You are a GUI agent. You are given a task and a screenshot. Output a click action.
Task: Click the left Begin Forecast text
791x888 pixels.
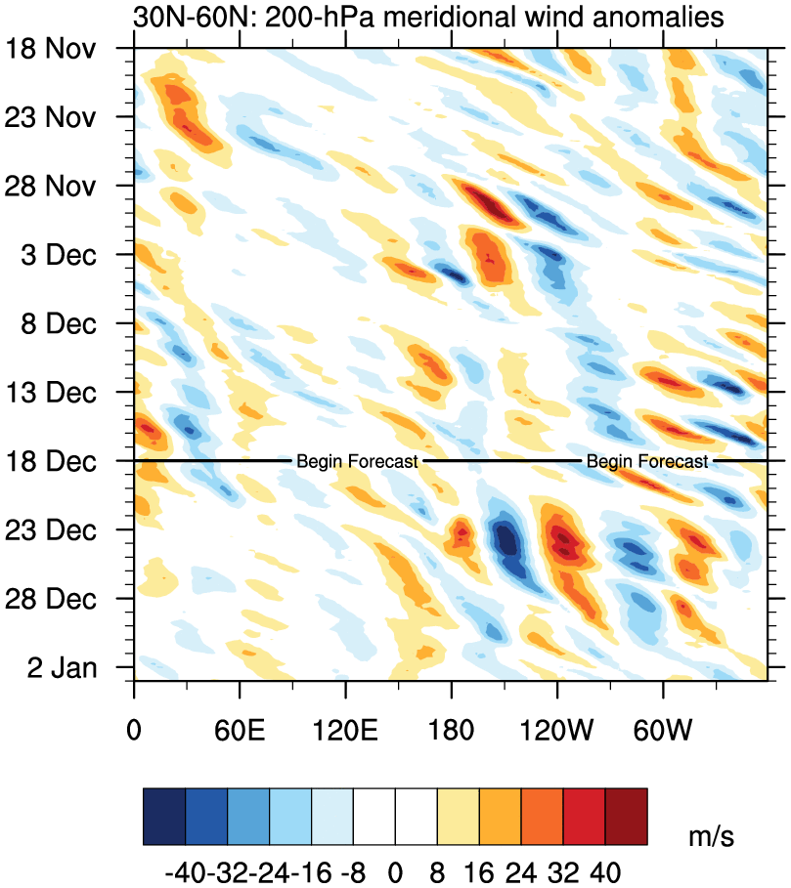point(357,461)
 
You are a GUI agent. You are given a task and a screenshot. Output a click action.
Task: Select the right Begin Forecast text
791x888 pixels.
point(647,461)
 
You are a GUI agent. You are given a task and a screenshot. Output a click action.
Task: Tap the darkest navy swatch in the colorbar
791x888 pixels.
point(164,809)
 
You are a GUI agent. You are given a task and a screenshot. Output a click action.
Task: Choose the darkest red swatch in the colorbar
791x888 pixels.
point(626,809)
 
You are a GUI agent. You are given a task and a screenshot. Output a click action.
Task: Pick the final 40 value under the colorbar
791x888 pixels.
point(605,867)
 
